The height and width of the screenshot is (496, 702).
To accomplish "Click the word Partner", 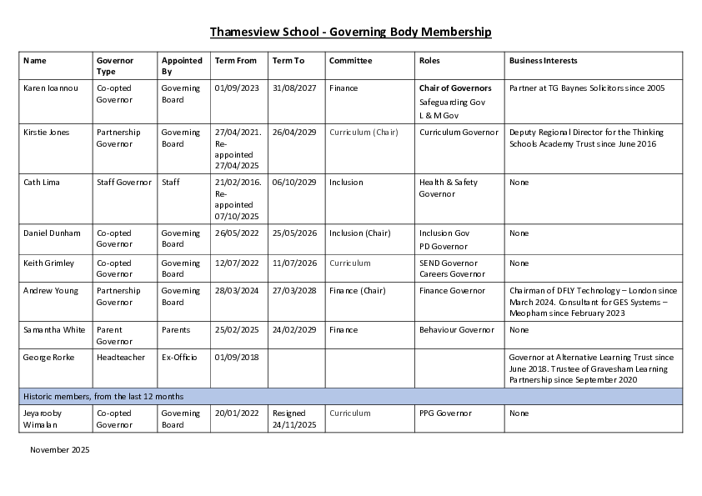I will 522,88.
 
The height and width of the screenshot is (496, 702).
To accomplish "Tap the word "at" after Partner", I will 541,88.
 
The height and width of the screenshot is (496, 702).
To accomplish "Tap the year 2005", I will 656,88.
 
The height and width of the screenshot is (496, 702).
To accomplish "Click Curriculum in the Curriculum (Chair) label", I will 349,133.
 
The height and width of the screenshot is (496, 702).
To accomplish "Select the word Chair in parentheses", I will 385,133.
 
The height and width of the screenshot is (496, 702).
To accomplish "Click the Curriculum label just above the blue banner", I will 350,263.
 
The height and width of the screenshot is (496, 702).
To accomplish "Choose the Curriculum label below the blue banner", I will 349,413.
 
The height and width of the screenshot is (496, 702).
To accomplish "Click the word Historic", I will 38,397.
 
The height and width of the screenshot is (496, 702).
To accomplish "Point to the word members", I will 72,397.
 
